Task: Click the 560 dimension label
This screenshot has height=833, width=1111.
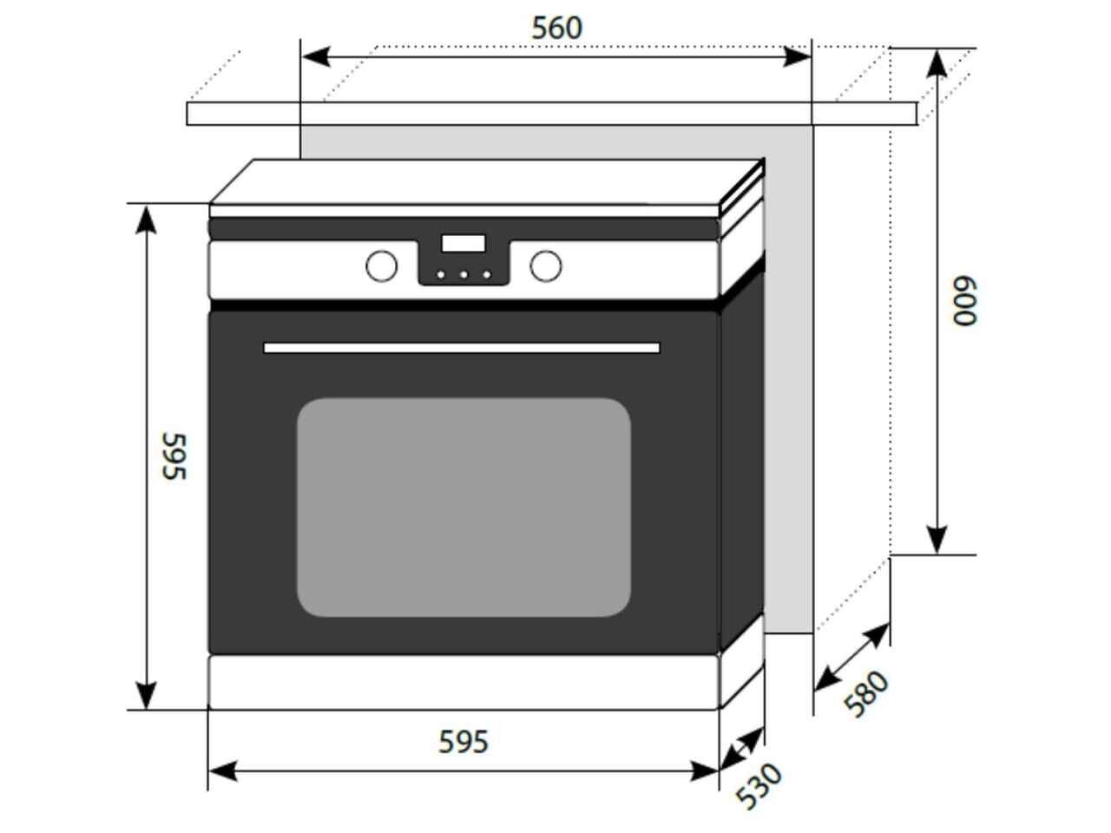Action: (556, 28)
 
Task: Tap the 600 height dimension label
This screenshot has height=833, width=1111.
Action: (964, 300)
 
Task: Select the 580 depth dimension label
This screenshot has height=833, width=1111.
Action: (866, 693)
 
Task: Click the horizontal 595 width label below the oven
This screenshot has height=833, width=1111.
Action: (463, 742)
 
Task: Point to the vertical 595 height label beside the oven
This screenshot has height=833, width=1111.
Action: (174, 456)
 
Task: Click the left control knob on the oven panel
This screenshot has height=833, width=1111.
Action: (382, 266)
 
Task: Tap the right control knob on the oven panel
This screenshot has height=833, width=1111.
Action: (546, 266)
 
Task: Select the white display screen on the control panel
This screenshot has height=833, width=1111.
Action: (463, 243)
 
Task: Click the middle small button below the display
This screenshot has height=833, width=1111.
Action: (463, 275)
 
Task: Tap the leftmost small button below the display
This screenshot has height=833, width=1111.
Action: (441, 275)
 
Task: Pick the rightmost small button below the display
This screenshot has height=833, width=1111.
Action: (486, 275)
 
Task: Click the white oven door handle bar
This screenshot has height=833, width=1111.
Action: (462, 348)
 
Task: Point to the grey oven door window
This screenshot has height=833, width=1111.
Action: (463, 508)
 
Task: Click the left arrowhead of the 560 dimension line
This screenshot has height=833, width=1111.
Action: (316, 56)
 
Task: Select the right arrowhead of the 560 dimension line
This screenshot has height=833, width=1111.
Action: (797, 56)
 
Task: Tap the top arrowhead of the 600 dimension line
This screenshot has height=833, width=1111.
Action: (937, 63)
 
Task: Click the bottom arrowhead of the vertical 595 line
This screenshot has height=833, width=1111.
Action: (147, 696)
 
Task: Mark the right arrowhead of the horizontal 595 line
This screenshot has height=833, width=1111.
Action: (704, 771)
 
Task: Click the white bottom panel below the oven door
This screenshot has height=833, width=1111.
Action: (463, 682)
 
